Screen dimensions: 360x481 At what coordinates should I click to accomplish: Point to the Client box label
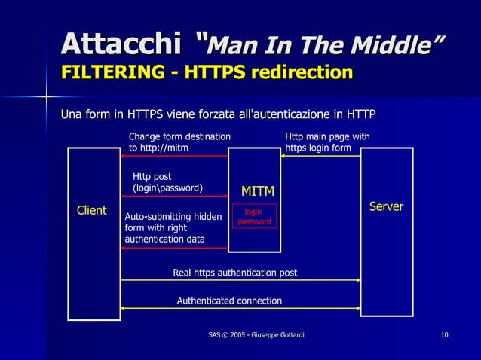pyautogui.click(x=92, y=211)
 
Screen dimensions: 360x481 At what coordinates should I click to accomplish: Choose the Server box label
pyautogui.click(x=385, y=206)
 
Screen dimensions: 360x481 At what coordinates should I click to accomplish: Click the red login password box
pyautogui.click(x=254, y=217)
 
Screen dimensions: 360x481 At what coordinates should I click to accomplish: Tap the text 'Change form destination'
pyautogui.click(x=179, y=136)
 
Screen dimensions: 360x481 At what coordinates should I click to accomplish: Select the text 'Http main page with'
pyautogui.click(x=327, y=136)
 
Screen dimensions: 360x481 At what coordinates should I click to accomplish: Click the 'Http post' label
pyautogui.click(x=152, y=177)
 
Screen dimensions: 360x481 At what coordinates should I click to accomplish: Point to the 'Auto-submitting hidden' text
pyautogui.click(x=173, y=217)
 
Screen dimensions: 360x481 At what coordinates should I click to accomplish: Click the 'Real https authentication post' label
pyautogui.click(x=235, y=273)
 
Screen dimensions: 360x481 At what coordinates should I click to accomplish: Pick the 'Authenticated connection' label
pyautogui.click(x=229, y=301)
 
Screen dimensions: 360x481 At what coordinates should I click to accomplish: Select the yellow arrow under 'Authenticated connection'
pyautogui.click(x=240, y=308)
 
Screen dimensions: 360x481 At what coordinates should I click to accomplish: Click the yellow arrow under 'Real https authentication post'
pyautogui.click(x=240, y=280)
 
